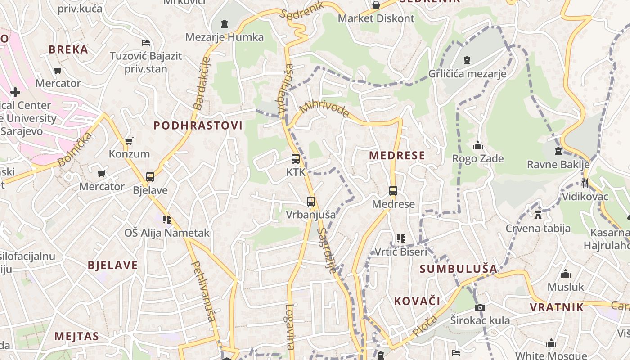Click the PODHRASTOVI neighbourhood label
point(198,126)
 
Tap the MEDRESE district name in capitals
point(397,156)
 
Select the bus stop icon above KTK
point(296,159)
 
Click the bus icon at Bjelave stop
point(150,177)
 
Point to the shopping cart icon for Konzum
point(129,141)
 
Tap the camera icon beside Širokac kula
point(480,308)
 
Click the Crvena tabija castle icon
point(538,215)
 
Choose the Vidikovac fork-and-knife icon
point(585,183)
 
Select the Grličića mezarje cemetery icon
point(467,60)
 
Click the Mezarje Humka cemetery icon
point(225,23)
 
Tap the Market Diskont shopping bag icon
point(376,5)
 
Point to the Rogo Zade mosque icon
point(477,145)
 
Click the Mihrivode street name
point(324,109)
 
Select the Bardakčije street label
point(201,84)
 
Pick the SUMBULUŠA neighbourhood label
point(458,269)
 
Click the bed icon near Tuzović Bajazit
point(146,43)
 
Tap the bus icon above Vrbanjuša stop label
point(311,202)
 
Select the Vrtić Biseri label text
point(401,252)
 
